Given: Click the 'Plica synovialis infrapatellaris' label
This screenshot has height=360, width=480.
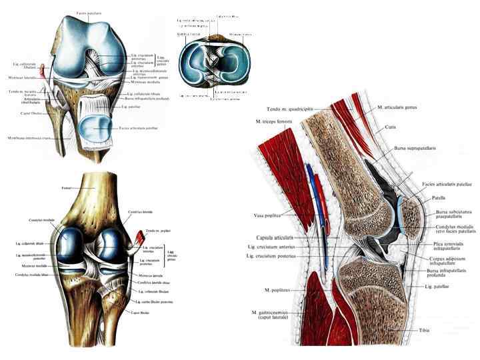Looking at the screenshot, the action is (446, 247).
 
